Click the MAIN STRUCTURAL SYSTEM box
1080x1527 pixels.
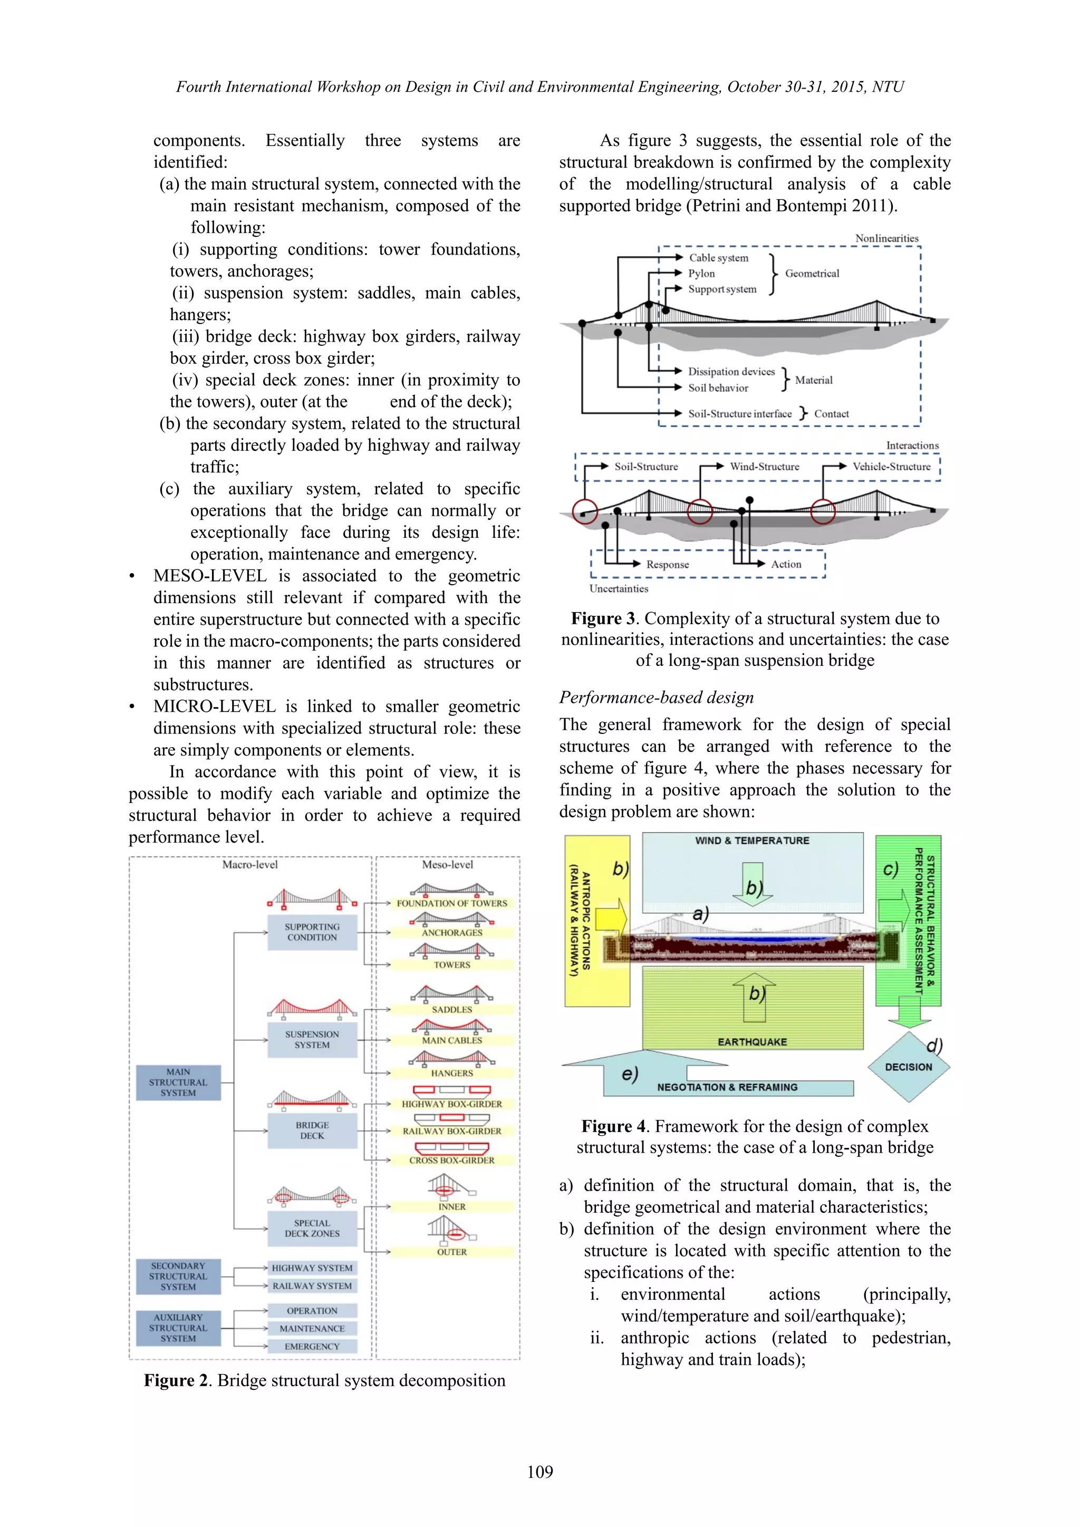178,1082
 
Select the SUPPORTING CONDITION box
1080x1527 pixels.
312,932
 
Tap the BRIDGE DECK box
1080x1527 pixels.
312,1130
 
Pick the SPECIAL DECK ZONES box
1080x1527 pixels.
312,1228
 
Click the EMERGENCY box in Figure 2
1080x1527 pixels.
312,1346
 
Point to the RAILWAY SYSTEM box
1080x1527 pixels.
312,1286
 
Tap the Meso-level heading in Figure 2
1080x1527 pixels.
448,865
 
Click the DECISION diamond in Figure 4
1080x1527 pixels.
909,1067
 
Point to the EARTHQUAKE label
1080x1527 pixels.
752,1041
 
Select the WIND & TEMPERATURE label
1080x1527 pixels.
752,840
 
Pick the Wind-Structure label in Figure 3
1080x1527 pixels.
764,466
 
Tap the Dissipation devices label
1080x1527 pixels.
731,372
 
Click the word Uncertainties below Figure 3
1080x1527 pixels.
619,588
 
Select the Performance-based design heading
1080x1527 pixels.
657,697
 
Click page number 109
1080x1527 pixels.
539,1471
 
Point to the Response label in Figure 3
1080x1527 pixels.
667,564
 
